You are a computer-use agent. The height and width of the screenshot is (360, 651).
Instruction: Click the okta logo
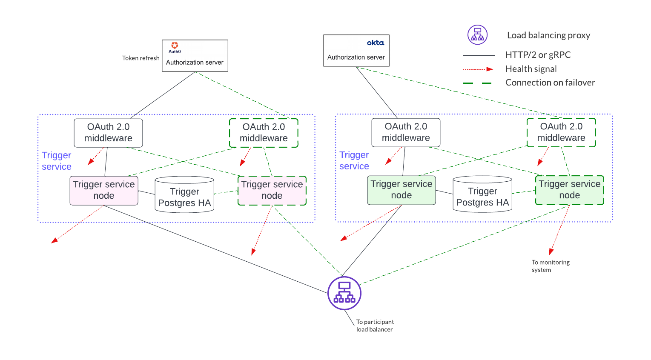375,43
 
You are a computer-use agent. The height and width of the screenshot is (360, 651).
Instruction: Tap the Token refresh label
141,58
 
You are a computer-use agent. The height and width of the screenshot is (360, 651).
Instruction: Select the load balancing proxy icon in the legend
477,35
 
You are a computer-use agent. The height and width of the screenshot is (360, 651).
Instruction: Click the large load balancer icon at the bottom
344,293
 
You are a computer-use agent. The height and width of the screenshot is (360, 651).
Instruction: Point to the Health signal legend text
531,69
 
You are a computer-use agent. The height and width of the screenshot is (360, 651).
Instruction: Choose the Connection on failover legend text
550,83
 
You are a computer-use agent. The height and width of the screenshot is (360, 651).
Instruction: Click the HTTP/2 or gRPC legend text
538,55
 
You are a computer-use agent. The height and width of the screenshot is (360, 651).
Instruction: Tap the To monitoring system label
550,266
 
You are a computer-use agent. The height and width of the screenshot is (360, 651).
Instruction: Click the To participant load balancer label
375,326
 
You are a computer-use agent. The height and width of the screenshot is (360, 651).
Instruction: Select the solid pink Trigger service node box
104,190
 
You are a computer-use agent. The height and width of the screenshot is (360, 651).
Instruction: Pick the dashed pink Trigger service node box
272,190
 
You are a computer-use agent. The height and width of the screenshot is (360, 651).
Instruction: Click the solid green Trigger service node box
401,190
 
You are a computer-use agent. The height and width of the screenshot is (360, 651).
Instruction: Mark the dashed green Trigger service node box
569,190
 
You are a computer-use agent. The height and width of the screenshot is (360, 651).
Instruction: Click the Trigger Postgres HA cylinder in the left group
184,195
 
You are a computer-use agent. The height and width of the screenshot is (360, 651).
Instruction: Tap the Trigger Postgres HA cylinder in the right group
482,194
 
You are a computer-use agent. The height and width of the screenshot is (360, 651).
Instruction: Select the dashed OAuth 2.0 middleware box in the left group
264,133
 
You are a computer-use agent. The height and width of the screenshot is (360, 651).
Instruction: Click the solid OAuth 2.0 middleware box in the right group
406,132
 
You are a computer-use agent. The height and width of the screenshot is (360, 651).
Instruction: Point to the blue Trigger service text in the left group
57,161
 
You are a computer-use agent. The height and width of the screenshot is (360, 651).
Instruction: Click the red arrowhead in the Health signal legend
490,69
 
